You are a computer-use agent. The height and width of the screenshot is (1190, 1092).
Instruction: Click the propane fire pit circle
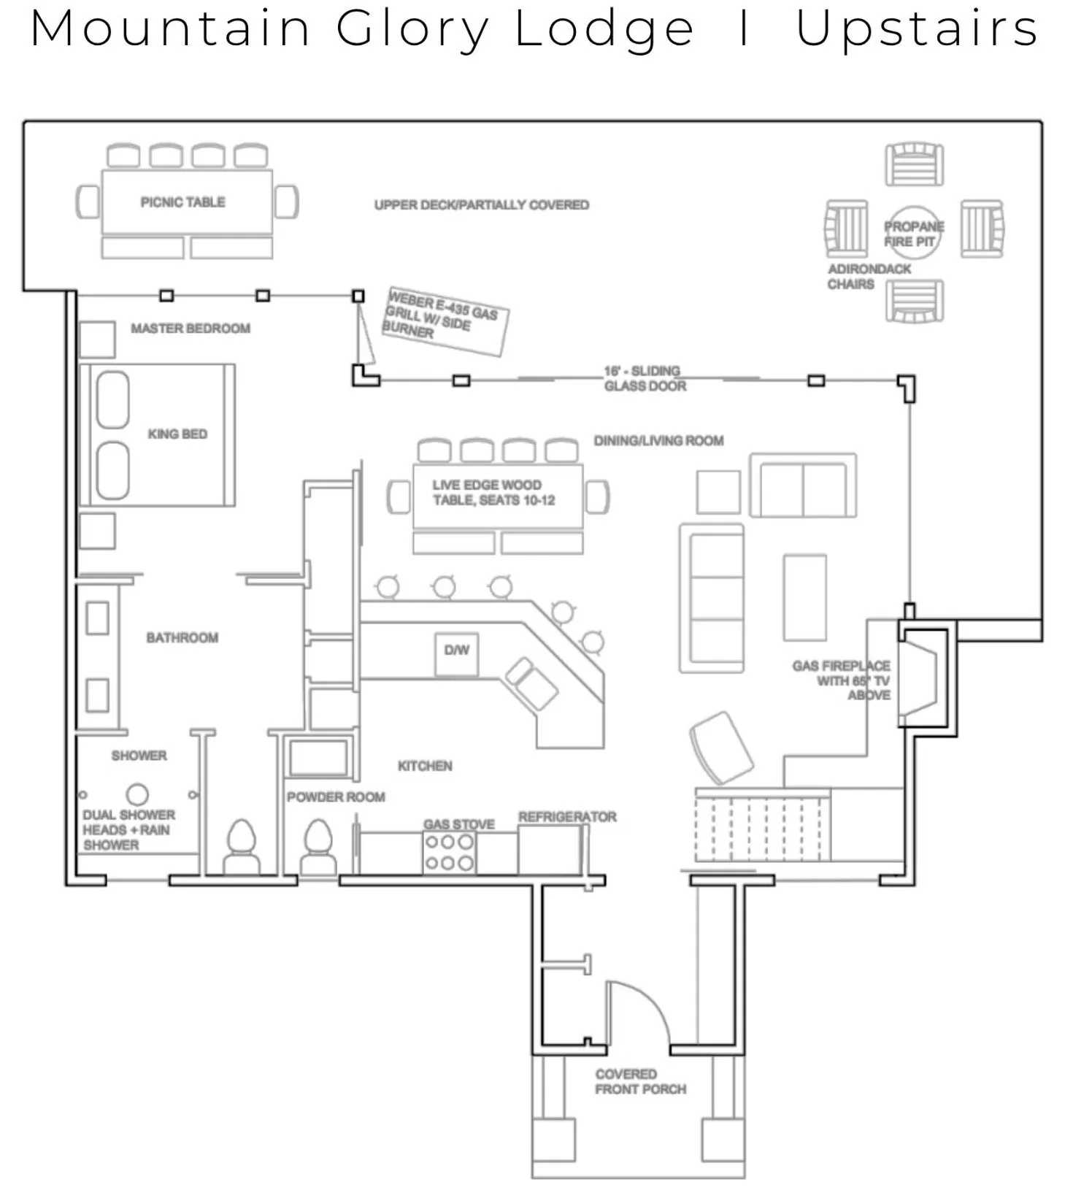[913, 233]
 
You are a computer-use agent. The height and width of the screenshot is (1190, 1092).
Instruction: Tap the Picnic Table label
[182, 202]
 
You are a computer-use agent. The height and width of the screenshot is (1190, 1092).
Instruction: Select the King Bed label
[177, 434]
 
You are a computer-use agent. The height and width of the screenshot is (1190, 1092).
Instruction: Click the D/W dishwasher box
[457, 651]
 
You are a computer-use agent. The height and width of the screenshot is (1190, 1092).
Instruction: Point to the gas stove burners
[449, 852]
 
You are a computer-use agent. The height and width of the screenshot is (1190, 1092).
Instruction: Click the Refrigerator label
[567, 817]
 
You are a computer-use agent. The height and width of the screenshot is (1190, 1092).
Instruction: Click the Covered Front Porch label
[640, 1082]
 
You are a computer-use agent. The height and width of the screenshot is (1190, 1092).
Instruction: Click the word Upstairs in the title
[916, 29]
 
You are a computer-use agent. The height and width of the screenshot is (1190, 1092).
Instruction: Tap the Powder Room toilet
[318, 847]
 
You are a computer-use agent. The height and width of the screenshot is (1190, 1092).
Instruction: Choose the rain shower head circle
[137, 794]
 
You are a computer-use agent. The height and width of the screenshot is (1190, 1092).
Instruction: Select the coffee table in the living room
[804, 597]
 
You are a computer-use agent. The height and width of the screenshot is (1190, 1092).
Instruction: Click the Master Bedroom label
[191, 329]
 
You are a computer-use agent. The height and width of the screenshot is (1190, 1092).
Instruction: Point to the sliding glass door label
[644, 378]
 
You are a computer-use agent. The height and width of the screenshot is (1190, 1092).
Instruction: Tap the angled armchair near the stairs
[721, 748]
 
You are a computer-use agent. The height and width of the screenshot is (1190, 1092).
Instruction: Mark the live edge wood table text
[494, 493]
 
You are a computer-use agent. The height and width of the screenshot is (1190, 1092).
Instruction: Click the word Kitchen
[425, 766]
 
